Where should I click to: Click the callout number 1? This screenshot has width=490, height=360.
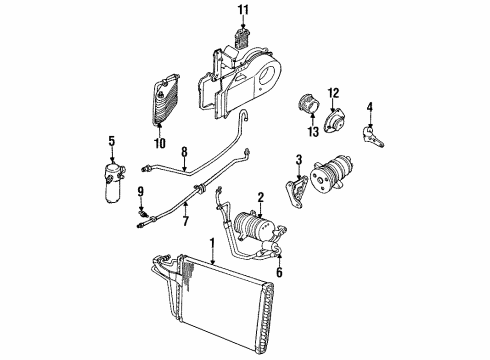tap(212, 242)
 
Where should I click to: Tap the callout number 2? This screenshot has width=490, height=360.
tap(261, 198)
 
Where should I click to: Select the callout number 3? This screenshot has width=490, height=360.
tap(298, 160)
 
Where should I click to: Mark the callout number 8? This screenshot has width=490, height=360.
tap(184, 152)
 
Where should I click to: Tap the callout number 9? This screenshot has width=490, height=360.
tap(140, 191)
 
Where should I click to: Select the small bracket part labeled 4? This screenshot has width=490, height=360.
tap(376, 131)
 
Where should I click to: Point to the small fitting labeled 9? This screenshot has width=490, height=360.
tap(142, 211)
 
